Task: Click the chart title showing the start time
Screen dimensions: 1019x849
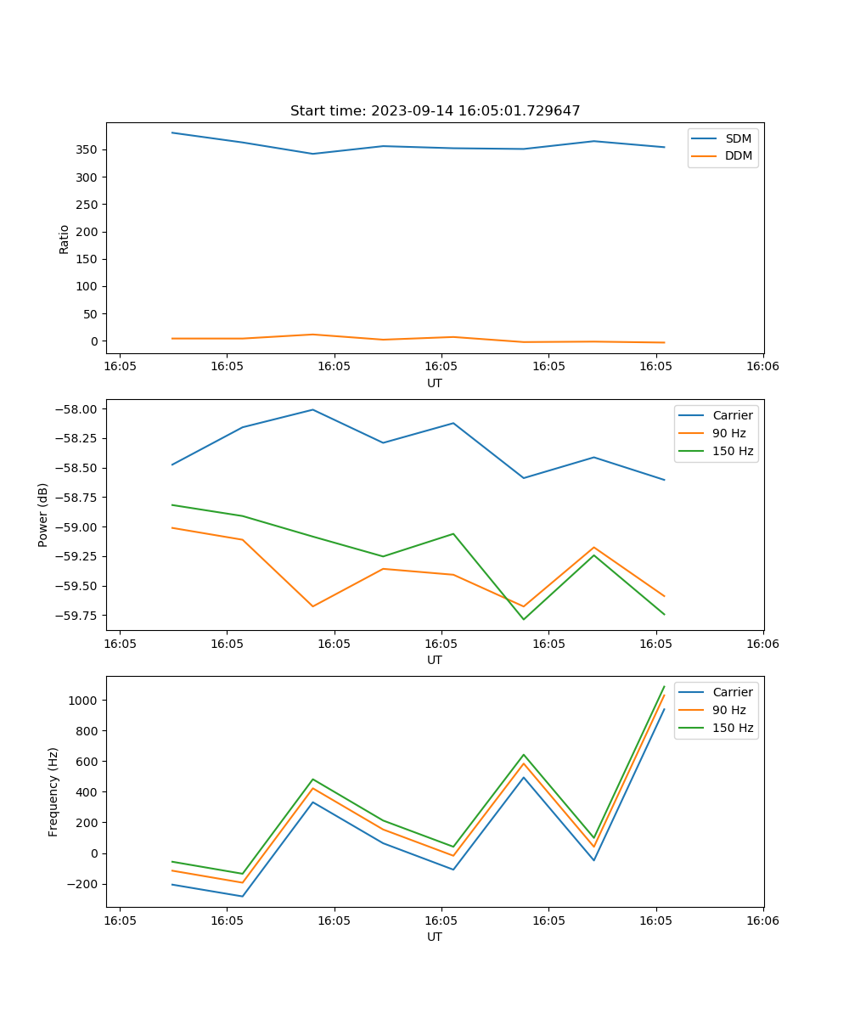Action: [435, 111]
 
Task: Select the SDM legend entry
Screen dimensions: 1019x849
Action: [738, 138]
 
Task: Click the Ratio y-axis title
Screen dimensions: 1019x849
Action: [65, 239]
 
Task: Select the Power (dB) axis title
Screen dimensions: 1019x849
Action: [43, 515]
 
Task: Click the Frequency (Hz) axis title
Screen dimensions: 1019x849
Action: [53, 791]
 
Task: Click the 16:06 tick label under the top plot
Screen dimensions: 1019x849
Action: [762, 365]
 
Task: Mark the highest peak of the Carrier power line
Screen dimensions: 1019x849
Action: [312, 409]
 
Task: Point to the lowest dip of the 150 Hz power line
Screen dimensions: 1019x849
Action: [523, 619]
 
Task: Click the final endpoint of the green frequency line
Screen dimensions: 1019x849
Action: [664, 686]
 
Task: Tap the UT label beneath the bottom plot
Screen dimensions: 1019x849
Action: [435, 937]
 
